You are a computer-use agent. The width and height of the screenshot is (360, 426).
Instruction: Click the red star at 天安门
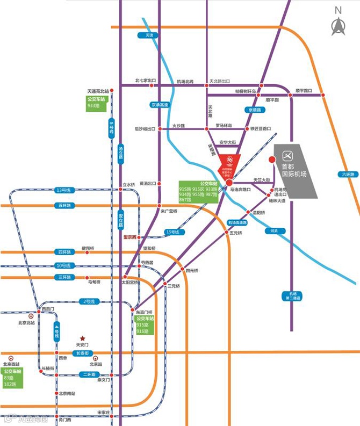point(82,337)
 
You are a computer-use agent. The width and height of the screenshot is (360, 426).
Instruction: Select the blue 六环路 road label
point(348,174)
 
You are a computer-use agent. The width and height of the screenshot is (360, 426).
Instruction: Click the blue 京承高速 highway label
point(160,105)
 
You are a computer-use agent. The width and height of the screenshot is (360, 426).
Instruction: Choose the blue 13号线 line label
point(63,190)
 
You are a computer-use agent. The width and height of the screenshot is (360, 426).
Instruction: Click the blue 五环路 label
point(63,205)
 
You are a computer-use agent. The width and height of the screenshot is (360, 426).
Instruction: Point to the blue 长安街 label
point(82,353)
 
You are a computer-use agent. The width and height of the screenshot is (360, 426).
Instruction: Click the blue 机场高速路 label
point(237,222)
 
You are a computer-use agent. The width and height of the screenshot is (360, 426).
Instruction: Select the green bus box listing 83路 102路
point(12,378)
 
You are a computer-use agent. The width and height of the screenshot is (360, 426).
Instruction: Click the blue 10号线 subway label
point(63,266)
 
